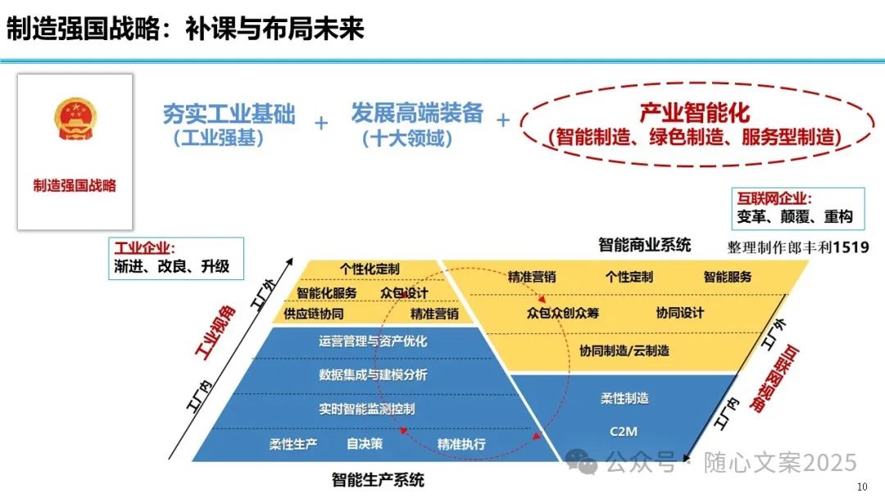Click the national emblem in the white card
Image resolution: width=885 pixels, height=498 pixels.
(x=75, y=120)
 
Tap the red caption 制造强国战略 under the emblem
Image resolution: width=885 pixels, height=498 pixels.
(x=75, y=185)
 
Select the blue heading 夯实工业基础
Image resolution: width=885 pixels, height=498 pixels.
(x=229, y=114)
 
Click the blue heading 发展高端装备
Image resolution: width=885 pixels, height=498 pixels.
(x=417, y=113)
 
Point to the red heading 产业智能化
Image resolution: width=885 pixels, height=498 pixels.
(x=694, y=114)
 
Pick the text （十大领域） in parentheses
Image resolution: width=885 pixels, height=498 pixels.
(x=407, y=138)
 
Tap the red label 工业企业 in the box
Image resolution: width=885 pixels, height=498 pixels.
(x=144, y=247)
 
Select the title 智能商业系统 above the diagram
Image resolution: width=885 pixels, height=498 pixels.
(x=644, y=244)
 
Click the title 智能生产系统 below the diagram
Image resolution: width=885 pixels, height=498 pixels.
(x=379, y=479)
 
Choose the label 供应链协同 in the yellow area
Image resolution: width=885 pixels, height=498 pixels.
(x=314, y=314)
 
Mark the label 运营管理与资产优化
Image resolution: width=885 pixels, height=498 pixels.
(x=373, y=342)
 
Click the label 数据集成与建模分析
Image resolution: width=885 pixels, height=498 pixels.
(x=373, y=375)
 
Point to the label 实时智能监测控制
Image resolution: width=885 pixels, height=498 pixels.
(x=366, y=409)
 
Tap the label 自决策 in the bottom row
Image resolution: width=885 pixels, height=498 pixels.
(x=364, y=444)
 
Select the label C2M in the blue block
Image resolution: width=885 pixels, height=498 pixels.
(x=624, y=431)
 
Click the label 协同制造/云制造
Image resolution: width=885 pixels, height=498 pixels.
(x=624, y=351)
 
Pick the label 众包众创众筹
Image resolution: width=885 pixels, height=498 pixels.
(x=562, y=313)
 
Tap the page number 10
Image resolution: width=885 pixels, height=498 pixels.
(x=861, y=487)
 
